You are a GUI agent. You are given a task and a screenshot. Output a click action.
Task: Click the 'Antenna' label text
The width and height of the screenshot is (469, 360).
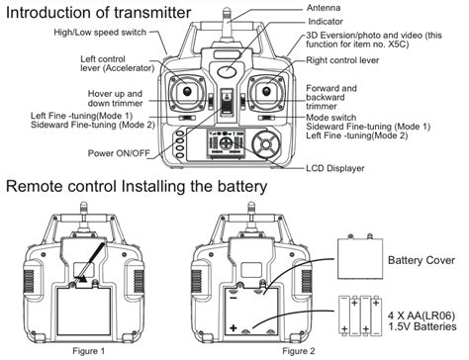point(324,8)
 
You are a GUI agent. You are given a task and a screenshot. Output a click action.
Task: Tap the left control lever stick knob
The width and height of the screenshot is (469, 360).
point(187,91)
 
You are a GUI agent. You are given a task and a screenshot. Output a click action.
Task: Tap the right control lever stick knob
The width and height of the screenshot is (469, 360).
point(266,91)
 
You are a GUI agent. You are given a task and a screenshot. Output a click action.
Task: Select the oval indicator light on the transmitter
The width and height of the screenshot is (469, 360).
point(228,71)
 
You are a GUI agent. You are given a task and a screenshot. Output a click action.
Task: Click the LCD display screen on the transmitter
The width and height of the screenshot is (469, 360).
point(227,143)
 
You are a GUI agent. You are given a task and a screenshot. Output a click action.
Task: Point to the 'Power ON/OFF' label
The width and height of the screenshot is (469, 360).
point(119,153)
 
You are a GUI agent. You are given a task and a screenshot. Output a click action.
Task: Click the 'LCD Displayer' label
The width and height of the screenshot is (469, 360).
point(335,168)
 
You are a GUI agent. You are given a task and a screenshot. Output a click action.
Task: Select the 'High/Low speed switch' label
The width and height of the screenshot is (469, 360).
point(100,33)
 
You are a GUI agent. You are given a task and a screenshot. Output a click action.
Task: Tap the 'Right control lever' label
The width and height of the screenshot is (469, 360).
point(342,60)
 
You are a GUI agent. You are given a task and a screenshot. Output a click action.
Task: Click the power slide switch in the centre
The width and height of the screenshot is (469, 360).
point(227,102)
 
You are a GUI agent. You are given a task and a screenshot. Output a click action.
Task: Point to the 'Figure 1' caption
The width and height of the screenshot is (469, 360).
point(88,351)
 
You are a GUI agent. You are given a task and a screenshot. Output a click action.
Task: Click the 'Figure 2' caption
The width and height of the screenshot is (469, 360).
point(299,351)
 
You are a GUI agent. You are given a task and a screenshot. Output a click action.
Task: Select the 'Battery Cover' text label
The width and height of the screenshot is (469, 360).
point(422,260)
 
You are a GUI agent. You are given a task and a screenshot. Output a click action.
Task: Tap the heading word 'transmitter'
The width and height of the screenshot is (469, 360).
point(152,13)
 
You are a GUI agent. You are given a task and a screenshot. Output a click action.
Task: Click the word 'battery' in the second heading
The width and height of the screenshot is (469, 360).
point(241,186)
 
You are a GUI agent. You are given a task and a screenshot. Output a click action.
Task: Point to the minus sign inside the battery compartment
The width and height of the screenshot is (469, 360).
point(234,299)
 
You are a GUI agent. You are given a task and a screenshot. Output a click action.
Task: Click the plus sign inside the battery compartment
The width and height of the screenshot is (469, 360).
point(234,328)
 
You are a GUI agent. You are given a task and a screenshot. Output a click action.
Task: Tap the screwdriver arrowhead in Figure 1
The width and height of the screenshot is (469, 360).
point(83,279)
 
